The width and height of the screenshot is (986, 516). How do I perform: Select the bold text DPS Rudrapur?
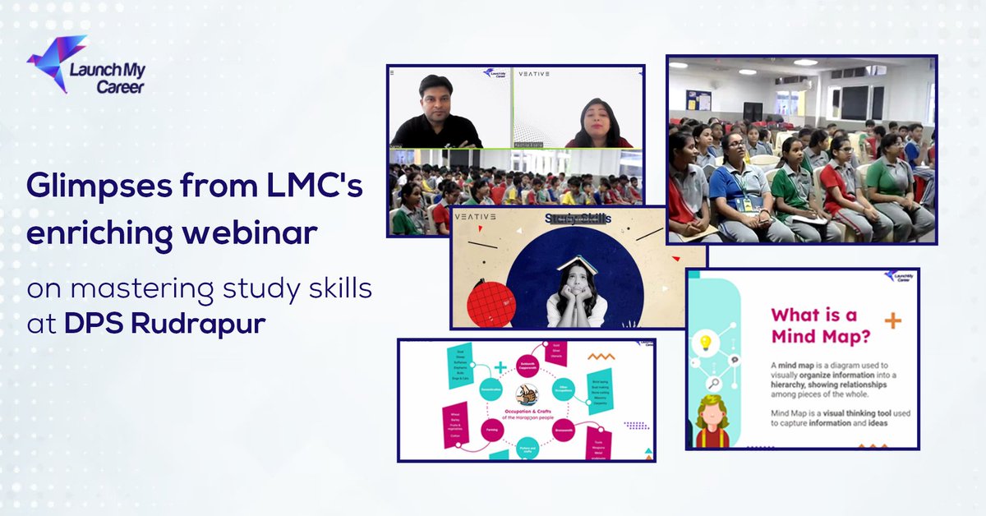pyautogui.click(x=165, y=322)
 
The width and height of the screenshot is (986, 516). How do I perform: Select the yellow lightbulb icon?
pyautogui.click(x=705, y=343)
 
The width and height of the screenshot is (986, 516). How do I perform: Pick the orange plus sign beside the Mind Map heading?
pyautogui.click(x=893, y=320)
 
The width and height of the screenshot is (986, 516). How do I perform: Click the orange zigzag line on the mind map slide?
pyautogui.click(x=602, y=357)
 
